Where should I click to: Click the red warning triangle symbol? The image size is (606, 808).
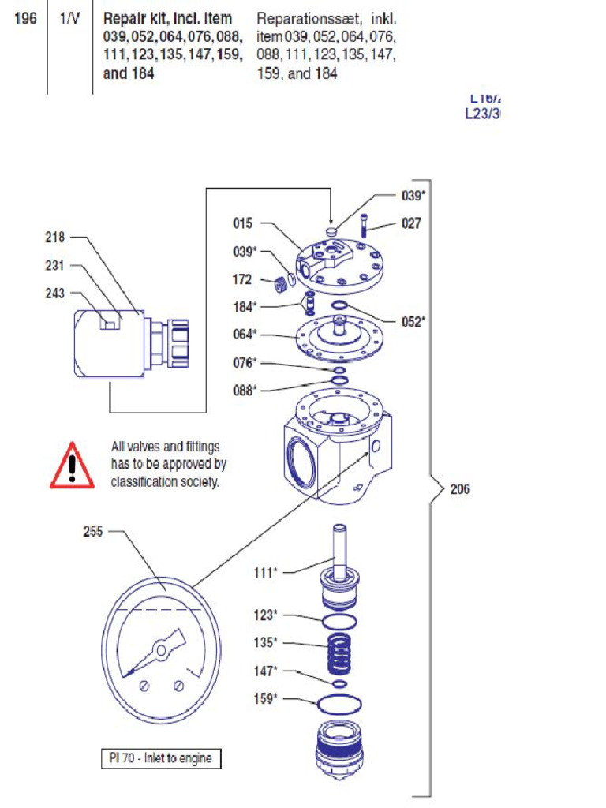[x=72, y=466]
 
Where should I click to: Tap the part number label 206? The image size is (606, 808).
[x=459, y=489]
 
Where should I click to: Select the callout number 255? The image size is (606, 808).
[x=93, y=532]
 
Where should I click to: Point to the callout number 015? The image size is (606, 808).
[x=242, y=223]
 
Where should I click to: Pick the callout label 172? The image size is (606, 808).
[x=242, y=279]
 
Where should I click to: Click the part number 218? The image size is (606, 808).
[x=56, y=237]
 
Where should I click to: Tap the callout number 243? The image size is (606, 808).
[x=56, y=294]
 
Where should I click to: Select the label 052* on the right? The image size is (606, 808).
[x=413, y=322]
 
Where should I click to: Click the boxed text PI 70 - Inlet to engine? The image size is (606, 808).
[x=161, y=758]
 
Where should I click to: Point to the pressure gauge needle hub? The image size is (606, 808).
[x=161, y=649]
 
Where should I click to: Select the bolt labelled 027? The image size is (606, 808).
[x=365, y=227]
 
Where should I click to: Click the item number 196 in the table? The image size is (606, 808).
[x=25, y=18]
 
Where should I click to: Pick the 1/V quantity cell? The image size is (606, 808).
[x=69, y=18]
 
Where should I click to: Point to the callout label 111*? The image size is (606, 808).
[x=265, y=572]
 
